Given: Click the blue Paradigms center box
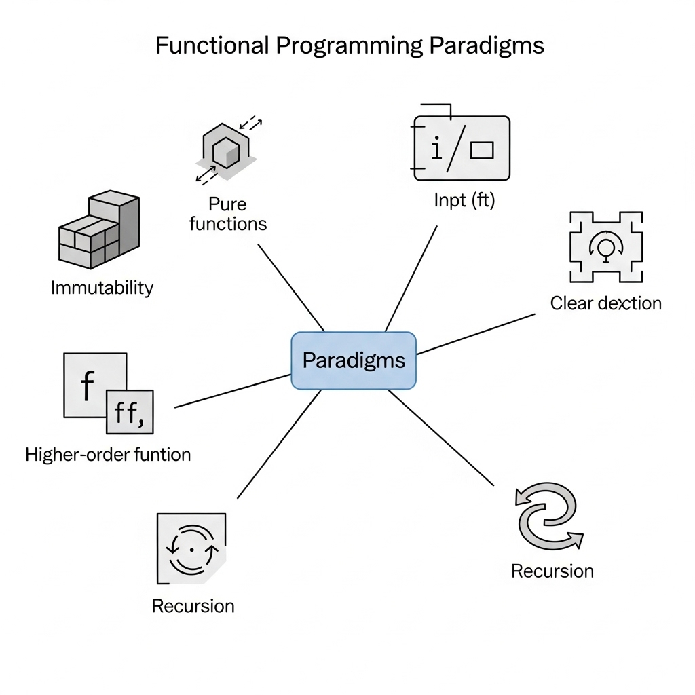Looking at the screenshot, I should pyautogui.click(x=353, y=360).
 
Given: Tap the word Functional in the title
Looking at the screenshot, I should pyautogui.click(x=211, y=45).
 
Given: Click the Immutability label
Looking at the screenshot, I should pyautogui.click(x=102, y=288).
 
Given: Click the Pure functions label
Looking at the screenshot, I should pyautogui.click(x=228, y=214).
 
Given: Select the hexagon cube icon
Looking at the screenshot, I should pyautogui.click(x=227, y=151).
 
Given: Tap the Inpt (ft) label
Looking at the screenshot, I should pyautogui.click(x=464, y=201).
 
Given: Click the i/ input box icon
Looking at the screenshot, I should pyautogui.click(x=462, y=147).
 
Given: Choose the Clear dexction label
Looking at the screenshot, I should pyautogui.click(x=605, y=303).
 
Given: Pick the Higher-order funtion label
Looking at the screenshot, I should pyautogui.click(x=108, y=454).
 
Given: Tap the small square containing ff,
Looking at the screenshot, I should pyautogui.click(x=130, y=412).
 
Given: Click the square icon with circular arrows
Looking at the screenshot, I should pyautogui.click(x=191, y=548).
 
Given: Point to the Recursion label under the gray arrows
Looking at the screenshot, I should pyautogui.click(x=552, y=571).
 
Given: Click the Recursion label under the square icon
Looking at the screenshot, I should pyautogui.click(x=193, y=605).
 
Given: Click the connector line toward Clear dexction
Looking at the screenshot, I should pyautogui.click(x=475, y=334).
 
